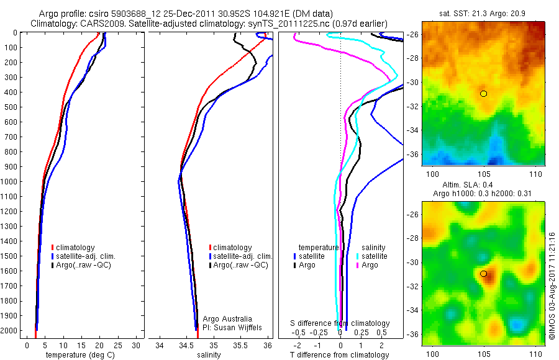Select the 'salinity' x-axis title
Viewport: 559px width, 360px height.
[x=209, y=355]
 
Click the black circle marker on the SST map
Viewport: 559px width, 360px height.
[x=483, y=94]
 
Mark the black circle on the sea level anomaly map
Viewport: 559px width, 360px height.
[x=483, y=274]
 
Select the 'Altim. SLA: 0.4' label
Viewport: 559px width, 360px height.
[x=483, y=186]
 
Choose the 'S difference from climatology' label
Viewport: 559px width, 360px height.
[x=340, y=323]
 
